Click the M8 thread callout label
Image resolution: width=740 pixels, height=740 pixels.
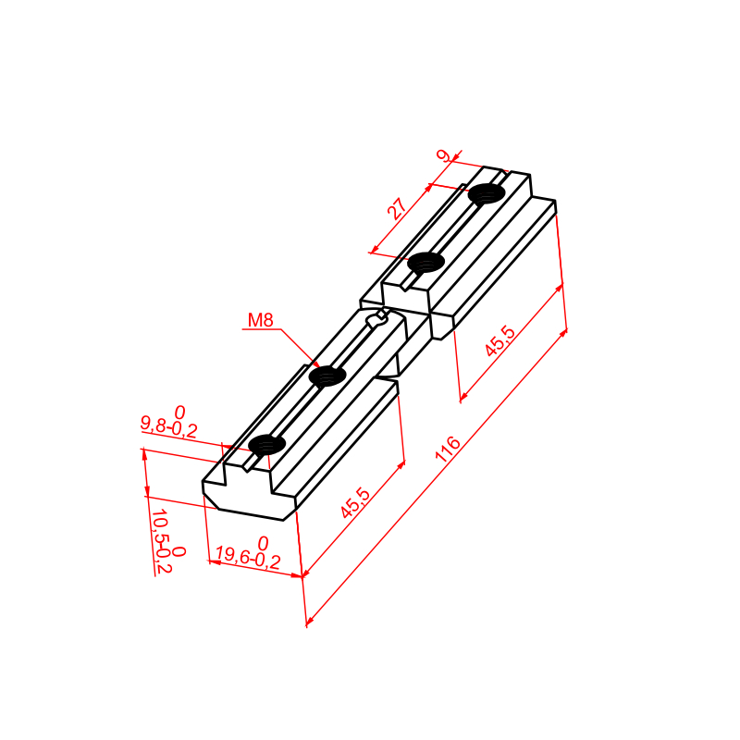261,320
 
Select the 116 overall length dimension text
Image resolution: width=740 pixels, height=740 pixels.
448,449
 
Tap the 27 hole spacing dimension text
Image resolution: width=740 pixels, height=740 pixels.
398,209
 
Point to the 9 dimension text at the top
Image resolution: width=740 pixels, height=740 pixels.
444,155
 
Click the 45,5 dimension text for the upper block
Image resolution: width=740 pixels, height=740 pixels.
499,340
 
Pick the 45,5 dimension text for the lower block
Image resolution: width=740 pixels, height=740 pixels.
356,502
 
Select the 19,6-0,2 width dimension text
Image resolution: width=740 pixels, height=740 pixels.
248,558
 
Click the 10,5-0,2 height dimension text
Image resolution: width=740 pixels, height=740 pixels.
161,541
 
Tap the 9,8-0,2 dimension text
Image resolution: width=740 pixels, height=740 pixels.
168,427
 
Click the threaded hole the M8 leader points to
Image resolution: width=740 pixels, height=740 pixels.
327,376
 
